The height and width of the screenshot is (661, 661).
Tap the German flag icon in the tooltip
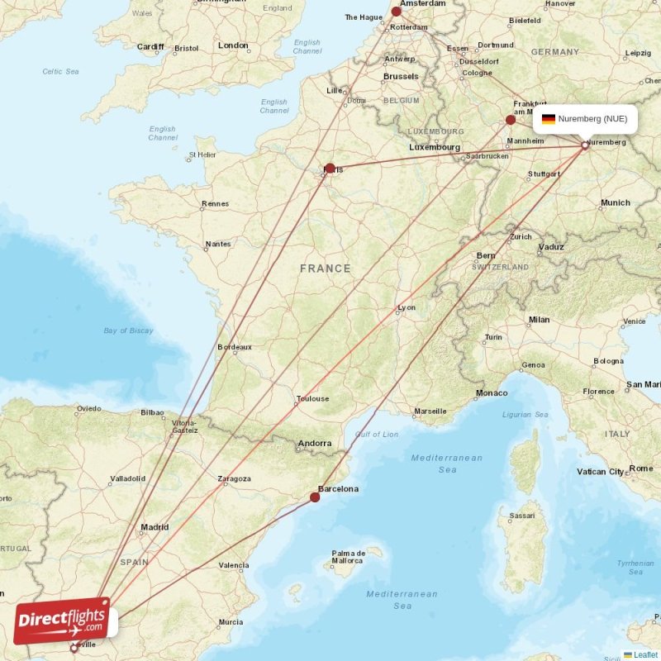tap(548, 119)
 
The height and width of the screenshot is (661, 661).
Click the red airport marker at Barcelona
tap(315, 497)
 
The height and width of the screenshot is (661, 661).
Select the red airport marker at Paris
tap(330, 169)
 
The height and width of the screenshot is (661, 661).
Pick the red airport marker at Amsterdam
tap(396, 11)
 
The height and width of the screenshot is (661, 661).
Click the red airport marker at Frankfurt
tap(511, 120)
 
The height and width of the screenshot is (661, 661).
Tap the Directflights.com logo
tap(61, 621)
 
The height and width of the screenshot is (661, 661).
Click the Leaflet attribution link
tap(645, 655)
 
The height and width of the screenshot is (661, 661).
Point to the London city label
tap(233, 45)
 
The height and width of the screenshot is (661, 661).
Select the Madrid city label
tap(155, 527)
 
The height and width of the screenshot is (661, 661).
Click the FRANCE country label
tap(325, 269)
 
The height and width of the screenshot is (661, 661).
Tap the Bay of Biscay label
tap(128, 330)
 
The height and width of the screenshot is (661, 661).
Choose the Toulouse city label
tap(312, 399)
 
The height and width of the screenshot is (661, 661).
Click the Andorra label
tap(315, 444)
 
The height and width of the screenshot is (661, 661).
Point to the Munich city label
tap(615, 202)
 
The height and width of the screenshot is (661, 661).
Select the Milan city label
tap(539, 320)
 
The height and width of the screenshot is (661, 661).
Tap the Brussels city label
tap(401, 77)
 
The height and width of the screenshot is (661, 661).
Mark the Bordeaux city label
tap(234, 347)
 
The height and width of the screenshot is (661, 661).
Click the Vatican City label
tap(601, 472)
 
